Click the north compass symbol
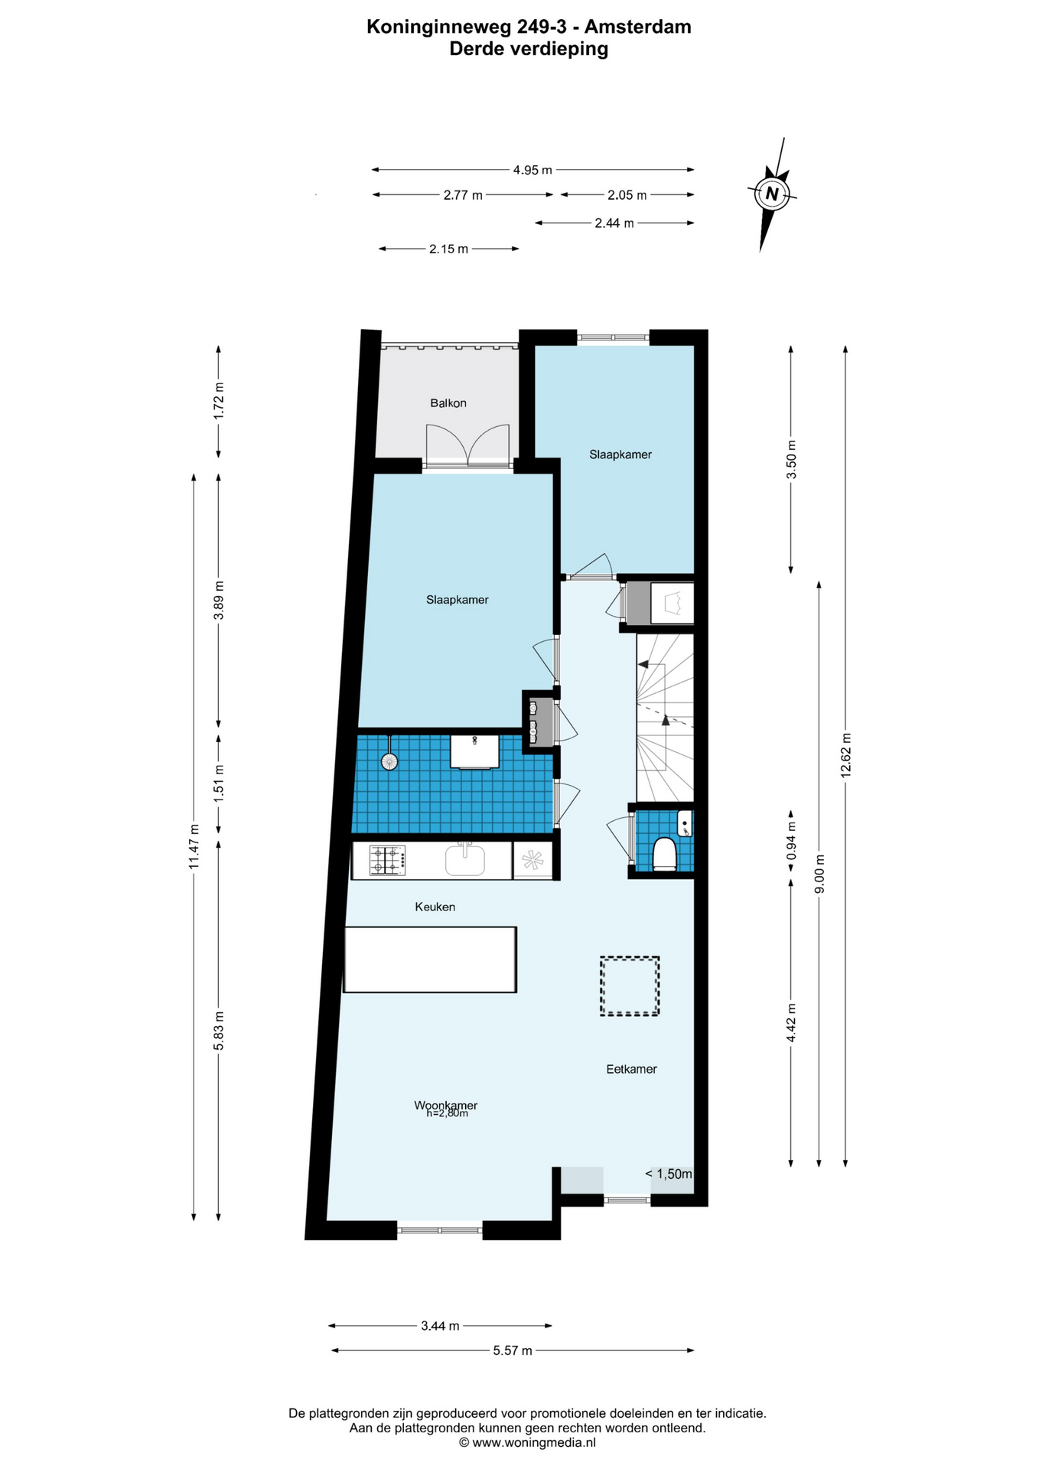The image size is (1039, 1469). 773,194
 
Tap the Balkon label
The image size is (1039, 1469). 448,403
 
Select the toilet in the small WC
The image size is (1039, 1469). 663,855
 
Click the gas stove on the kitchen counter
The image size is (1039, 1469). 387,860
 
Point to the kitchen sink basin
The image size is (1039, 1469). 465,859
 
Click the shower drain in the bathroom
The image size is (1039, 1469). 389,761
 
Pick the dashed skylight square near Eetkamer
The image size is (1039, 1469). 630,986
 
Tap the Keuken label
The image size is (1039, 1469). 435,907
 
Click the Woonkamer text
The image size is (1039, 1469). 446,1105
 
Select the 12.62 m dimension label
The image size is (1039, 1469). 845,755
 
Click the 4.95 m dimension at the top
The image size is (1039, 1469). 533,170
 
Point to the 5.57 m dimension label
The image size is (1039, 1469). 513,1350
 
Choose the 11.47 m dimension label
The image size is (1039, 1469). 194,845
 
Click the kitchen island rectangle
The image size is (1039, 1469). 430,959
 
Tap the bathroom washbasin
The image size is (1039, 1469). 474,751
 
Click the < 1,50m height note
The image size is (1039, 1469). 669,1174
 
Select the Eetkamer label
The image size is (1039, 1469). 632,1069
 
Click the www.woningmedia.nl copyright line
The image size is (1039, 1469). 527,1442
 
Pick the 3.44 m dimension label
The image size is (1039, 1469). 440,1325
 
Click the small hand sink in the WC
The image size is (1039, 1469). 686,823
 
